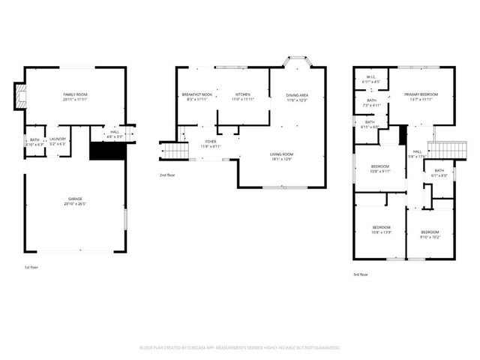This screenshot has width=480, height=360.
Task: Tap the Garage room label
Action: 75,201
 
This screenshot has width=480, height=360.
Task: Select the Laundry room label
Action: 58,140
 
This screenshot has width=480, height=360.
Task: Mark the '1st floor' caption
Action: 31,266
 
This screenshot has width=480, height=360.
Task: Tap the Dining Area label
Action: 297,97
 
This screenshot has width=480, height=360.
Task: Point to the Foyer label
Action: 211,142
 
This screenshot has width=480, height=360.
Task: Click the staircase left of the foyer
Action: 174,152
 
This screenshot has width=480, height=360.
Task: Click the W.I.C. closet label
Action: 371,79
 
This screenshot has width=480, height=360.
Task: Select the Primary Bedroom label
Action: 421,96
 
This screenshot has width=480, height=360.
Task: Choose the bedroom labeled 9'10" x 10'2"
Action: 430,234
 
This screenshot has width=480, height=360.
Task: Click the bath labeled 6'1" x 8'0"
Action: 439,172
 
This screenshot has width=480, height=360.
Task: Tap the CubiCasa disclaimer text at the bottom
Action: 240,348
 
